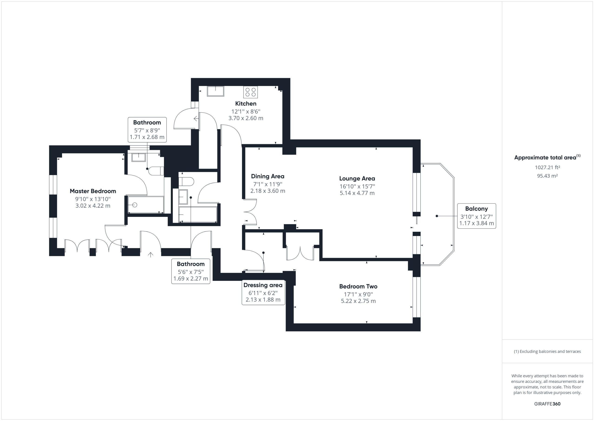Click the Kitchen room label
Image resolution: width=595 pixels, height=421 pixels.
(x=246, y=104)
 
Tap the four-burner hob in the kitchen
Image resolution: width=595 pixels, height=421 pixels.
(x=250, y=92)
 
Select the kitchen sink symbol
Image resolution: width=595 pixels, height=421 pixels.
(x=215, y=91)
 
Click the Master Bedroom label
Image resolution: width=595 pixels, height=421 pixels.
(x=93, y=191)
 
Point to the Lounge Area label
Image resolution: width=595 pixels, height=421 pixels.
(x=357, y=179)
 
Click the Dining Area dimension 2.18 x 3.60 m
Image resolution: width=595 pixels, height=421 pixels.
(x=268, y=191)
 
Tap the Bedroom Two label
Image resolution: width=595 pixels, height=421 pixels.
(x=358, y=286)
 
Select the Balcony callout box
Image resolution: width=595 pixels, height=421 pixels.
(x=476, y=216)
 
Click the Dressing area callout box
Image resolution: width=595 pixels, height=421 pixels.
(x=263, y=292)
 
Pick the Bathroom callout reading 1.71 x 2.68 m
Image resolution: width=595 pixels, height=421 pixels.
(x=147, y=130)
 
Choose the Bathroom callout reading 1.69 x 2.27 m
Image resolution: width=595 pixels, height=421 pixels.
(x=191, y=271)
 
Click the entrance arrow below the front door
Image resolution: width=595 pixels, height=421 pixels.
(x=151, y=255)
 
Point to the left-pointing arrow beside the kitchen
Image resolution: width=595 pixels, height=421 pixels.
(x=196, y=119)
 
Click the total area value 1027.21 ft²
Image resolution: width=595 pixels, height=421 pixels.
(x=547, y=167)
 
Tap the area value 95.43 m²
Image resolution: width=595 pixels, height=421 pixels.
(x=547, y=176)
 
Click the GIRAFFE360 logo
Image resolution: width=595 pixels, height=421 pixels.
(x=547, y=404)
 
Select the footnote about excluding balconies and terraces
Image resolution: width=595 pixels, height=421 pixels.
(x=547, y=351)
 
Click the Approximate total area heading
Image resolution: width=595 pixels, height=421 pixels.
(x=547, y=157)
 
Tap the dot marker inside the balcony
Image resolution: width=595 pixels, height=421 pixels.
(x=437, y=216)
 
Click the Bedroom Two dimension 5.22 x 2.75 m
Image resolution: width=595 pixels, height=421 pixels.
(x=358, y=301)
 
